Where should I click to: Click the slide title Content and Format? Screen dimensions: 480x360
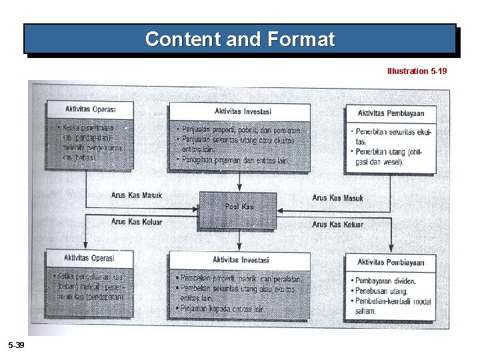point(240,39)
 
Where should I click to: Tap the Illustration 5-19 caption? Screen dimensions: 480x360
point(417,70)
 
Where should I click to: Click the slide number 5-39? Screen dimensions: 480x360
point(16,344)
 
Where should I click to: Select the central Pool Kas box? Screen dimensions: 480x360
point(238,207)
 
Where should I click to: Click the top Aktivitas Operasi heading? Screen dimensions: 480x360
point(89,109)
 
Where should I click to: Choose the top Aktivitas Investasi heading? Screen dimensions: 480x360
point(243,111)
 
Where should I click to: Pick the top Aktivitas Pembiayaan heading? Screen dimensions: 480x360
point(391,113)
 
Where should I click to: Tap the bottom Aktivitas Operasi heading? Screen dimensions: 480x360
point(89,258)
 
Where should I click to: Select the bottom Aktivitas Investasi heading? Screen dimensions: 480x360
point(241,260)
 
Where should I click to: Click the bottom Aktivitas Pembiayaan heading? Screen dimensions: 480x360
point(391,263)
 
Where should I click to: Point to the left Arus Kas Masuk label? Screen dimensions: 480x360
point(137,195)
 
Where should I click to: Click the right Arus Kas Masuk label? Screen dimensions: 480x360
point(337,198)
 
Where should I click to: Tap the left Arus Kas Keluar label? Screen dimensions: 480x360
point(137,222)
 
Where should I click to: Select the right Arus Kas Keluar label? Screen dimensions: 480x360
point(337,225)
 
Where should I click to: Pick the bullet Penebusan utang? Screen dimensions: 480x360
point(380,291)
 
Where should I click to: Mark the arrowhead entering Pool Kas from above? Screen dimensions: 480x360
point(239,189)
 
